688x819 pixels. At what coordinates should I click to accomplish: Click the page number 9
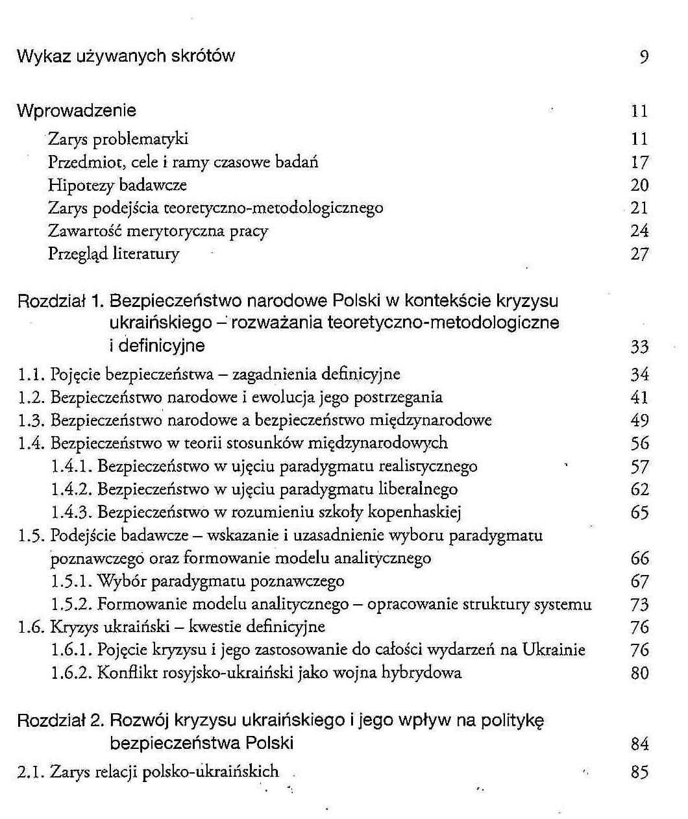coord(643,57)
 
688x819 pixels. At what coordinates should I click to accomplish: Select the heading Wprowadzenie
coord(77,110)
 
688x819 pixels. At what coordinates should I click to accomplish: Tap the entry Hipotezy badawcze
coord(117,185)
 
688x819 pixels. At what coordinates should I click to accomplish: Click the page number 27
coord(639,254)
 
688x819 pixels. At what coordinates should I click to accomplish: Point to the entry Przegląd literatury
coord(114,254)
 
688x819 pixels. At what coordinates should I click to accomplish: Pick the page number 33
coord(639,347)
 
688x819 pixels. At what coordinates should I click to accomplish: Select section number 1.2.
coord(31,397)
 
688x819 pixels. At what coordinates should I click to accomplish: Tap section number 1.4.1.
coord(72,466)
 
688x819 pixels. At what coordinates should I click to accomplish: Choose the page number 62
coord(639,489)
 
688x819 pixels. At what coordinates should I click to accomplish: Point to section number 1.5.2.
coord(72,604)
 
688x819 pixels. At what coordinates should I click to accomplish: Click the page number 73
coord(639,604)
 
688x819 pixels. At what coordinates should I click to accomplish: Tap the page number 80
coord(639,673)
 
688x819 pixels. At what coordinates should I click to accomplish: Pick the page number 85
coord(639,772)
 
